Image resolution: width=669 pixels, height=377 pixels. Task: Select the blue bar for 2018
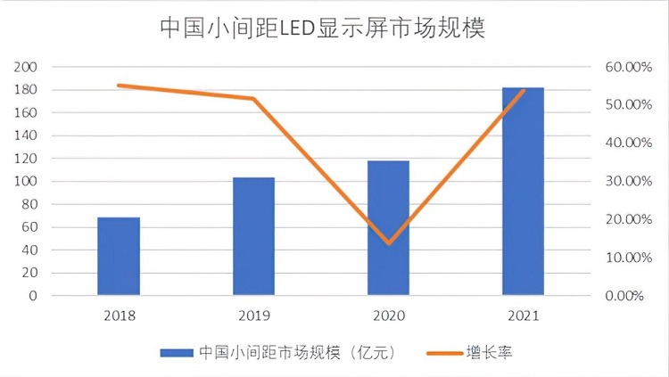(119, 256)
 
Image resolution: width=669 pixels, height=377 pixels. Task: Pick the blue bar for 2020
(388, 228)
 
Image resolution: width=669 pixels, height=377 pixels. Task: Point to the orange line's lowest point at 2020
(388, 242)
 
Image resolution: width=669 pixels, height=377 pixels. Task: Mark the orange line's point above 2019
(253, 98)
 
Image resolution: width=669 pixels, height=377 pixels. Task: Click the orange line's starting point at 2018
(119, 86)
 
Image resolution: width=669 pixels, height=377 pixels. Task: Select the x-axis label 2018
(119, 316)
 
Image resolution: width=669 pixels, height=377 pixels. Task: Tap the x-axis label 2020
(388, 316)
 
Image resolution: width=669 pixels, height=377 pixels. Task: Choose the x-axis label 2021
(523, 316)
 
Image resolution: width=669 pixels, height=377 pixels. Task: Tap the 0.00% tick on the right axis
(624, 295)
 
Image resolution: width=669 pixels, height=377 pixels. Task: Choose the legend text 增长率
(489, 352)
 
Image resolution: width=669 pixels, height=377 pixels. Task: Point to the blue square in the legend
(177, 353)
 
